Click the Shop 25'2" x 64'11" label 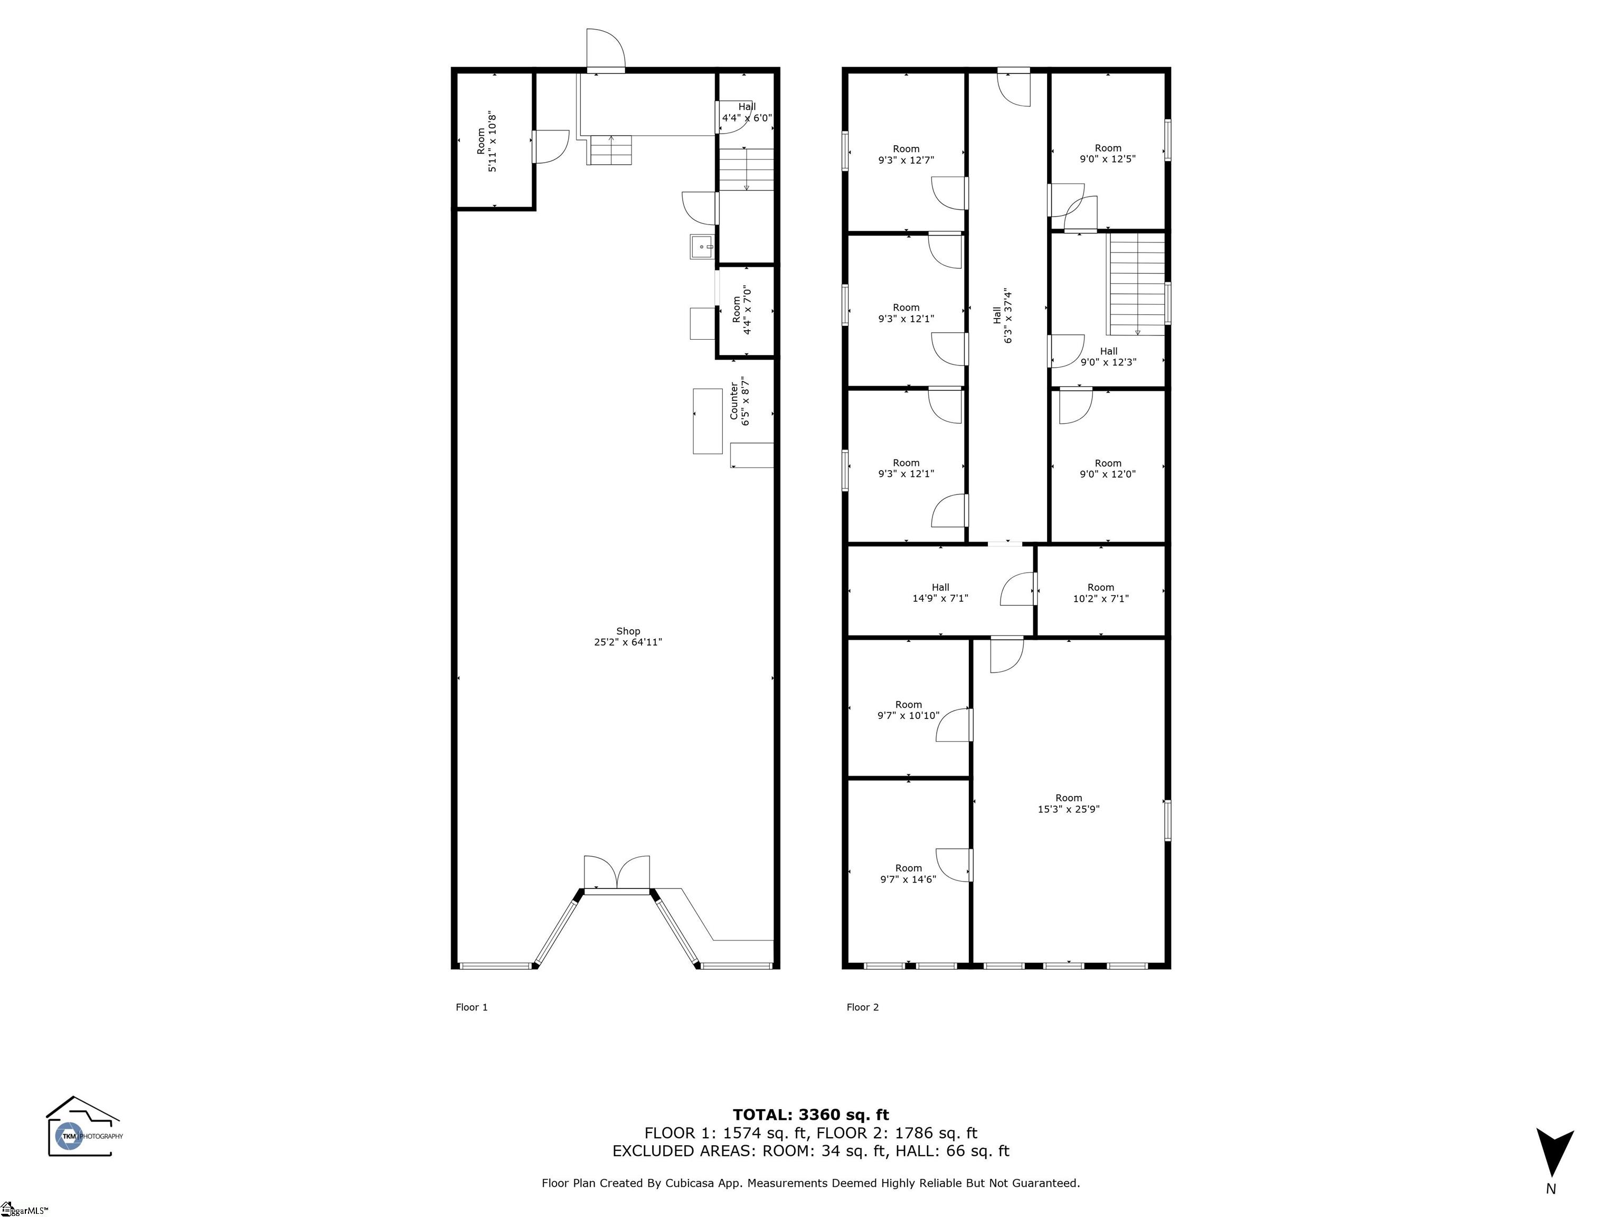628,636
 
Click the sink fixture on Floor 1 702,247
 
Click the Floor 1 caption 471,1007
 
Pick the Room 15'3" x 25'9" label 1068,803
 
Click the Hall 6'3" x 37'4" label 1002,315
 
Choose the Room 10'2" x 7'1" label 1101,593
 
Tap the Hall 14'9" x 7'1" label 940,593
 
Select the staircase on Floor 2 1136,284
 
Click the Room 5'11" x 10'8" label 487,142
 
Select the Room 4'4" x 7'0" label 742,310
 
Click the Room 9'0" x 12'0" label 1108,469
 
